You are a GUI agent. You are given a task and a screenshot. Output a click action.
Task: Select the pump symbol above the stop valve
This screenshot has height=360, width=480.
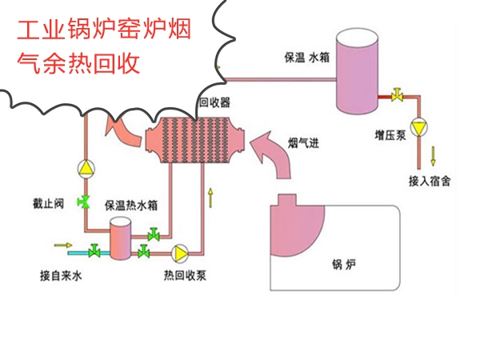point(85,168)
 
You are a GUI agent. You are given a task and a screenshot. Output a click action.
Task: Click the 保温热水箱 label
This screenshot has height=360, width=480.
point(131,206)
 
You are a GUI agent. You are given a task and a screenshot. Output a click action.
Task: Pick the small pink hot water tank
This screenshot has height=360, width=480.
point(121,238)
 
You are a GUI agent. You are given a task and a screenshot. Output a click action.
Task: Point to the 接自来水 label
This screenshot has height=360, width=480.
point(61,276)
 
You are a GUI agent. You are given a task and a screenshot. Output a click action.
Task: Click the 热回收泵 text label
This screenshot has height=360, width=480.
point(186,276)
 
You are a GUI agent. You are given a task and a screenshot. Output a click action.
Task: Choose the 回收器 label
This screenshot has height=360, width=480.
point(214,102)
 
